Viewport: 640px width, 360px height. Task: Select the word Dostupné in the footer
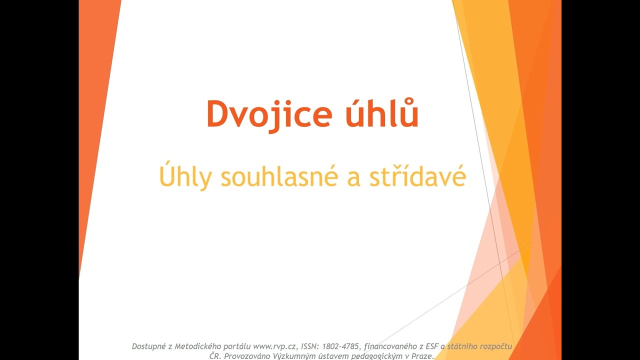pyautogui.click(x=148, y=346)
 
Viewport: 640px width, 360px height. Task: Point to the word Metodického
pyautogui.click(x=194, y=346)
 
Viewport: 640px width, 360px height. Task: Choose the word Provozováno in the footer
pyautogui.click(x=247, y=356)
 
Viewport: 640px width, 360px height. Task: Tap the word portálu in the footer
pyautogui.click(x=234, y=346)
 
